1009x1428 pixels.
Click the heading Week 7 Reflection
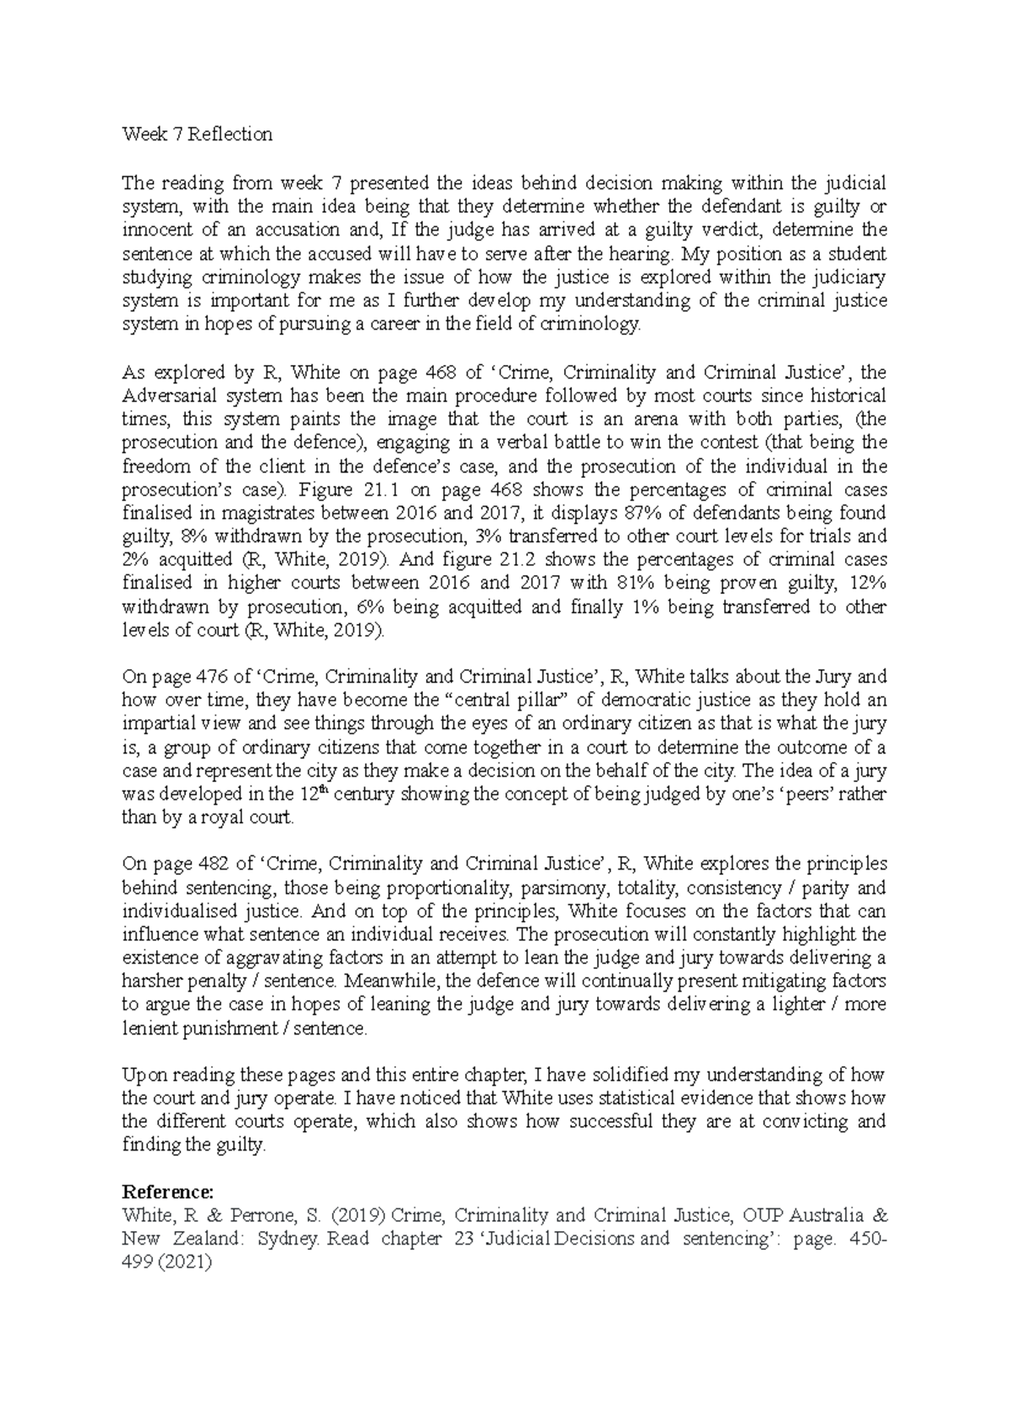(x=197, y=134)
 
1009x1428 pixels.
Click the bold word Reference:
(x=168, y=1192)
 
